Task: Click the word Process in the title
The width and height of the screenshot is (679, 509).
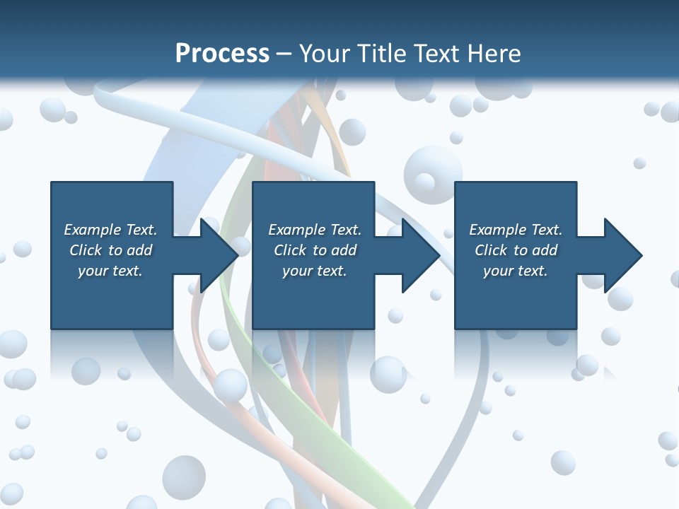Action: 222,53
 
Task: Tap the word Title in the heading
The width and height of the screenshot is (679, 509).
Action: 380,53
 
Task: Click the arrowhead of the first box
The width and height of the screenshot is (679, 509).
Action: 216,255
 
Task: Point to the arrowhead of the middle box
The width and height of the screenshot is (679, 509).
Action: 418,255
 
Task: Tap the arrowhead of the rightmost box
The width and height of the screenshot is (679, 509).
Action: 620,255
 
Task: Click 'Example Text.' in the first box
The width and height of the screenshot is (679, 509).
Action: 110,230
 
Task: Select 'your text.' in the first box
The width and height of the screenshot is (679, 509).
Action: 110,271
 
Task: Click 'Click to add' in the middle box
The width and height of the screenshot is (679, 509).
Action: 315,250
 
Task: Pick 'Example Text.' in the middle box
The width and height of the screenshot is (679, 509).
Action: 315,230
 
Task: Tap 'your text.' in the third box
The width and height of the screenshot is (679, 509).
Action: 516,271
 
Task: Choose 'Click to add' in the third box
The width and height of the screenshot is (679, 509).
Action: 516,250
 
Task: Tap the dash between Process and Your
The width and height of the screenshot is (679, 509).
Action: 284,54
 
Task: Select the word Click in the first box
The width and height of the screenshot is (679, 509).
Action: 85,250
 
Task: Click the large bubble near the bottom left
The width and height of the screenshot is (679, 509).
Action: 184,474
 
